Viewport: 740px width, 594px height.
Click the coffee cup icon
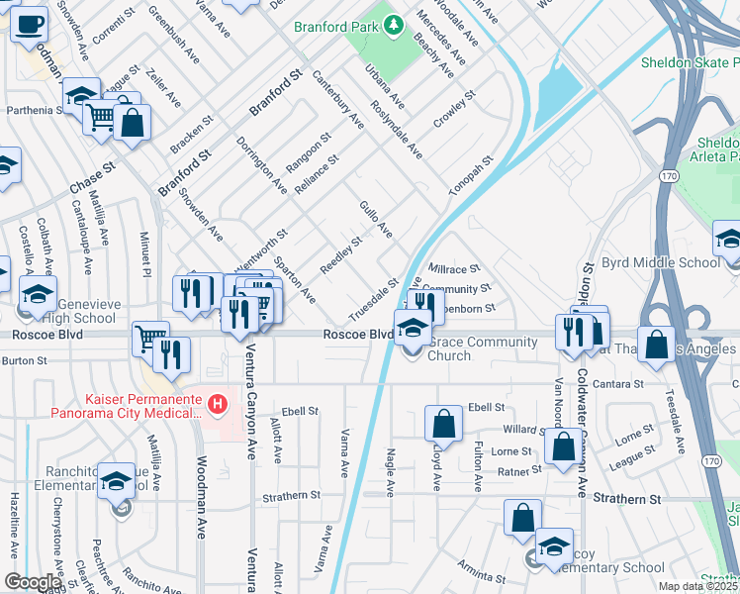(30, 22)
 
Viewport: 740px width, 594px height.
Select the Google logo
(33, 582)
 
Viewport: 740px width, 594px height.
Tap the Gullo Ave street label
(377, 219)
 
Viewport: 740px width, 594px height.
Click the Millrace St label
(454, 268)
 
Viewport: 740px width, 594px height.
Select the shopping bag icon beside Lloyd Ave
(444, 423)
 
